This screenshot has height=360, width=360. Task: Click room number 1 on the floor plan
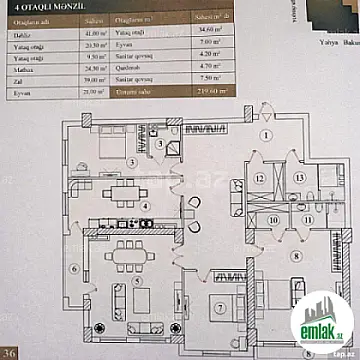coord(267,135)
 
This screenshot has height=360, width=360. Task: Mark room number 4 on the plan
coord(147,207)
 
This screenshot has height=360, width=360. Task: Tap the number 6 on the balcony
coord(74,267)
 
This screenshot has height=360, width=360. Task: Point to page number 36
coord(12,352)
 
